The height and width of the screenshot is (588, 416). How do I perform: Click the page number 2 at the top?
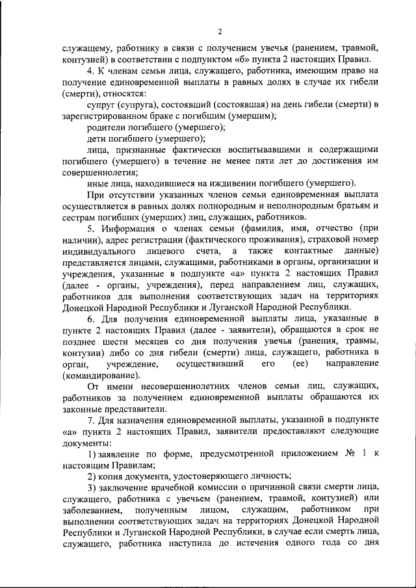coord(220,31)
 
